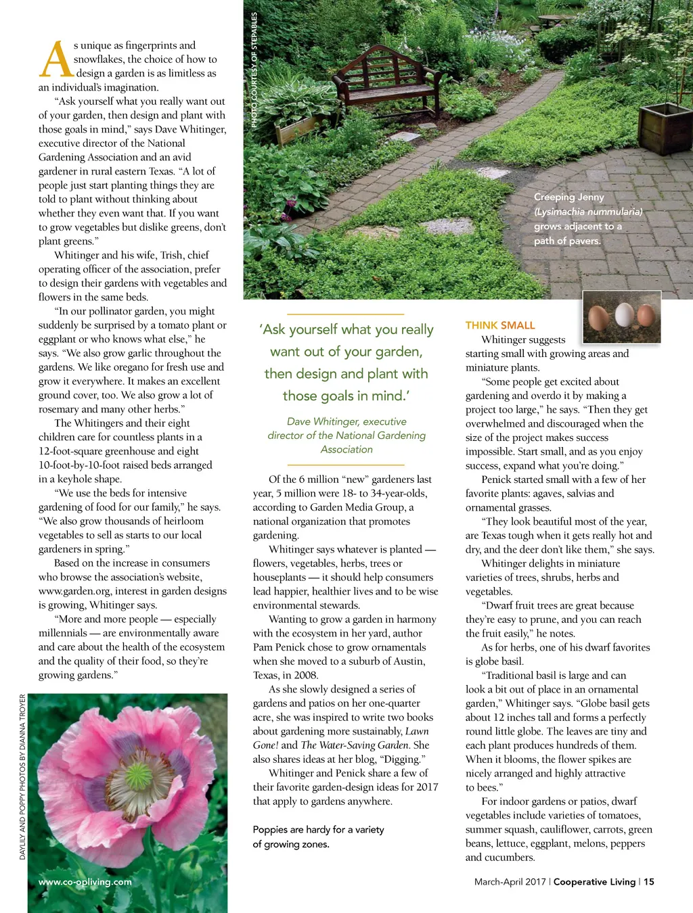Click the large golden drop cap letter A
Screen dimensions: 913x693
(x=55, y=60)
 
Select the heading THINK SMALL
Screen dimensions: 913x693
(x=500, y=325)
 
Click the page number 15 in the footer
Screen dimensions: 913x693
(x=649, y=882)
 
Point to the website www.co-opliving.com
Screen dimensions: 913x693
(x=85, y=882)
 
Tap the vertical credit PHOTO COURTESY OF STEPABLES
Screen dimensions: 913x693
(x=254, y=70)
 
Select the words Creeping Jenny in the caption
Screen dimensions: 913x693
(x=568, y=197)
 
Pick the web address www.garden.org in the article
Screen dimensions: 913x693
(x=74, y=591)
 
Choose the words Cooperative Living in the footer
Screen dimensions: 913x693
(x=594, y=882)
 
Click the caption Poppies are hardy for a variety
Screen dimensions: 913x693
(x=318, y=830)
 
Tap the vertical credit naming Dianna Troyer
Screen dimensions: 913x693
(x=22, y=778)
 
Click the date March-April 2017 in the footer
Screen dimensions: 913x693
(x=510, y=882)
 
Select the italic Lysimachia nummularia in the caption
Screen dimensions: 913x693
(x=588, y=212)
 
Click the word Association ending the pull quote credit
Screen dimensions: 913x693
(x=346, y=450)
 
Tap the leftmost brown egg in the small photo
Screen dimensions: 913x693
(x=599, y=317)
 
